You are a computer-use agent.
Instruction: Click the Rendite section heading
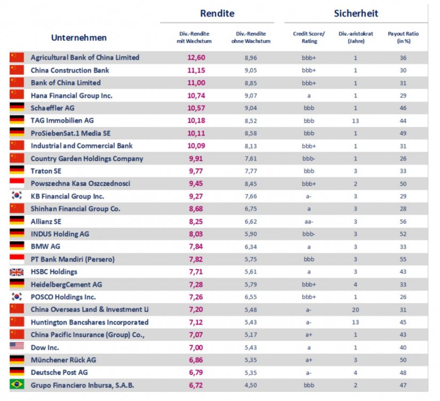pos(217,13)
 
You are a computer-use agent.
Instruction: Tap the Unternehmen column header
pos(78,37)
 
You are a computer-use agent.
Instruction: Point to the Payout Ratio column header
pos(403,37)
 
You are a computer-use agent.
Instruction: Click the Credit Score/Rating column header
pos(309,37)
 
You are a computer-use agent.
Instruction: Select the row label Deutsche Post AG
pos(59,372)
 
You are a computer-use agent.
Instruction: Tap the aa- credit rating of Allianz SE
pos(309,221)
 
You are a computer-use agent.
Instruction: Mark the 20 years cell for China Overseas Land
pos(355,310)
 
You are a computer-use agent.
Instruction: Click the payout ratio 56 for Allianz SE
pos(403,221)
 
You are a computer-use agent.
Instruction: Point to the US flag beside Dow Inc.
pos(17,346)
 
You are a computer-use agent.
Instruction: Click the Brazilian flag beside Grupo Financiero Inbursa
pos(17,384)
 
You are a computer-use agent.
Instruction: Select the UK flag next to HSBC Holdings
pos(17,272)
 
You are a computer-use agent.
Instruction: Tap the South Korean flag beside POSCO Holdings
pos(17,297)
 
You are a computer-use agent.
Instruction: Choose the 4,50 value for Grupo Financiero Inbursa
pos(250,385)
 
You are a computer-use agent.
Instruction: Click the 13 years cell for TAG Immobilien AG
pos(355,120)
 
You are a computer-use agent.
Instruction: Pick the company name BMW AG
pos(45,246)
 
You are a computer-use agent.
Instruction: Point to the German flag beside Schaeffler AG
pos(17,107)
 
